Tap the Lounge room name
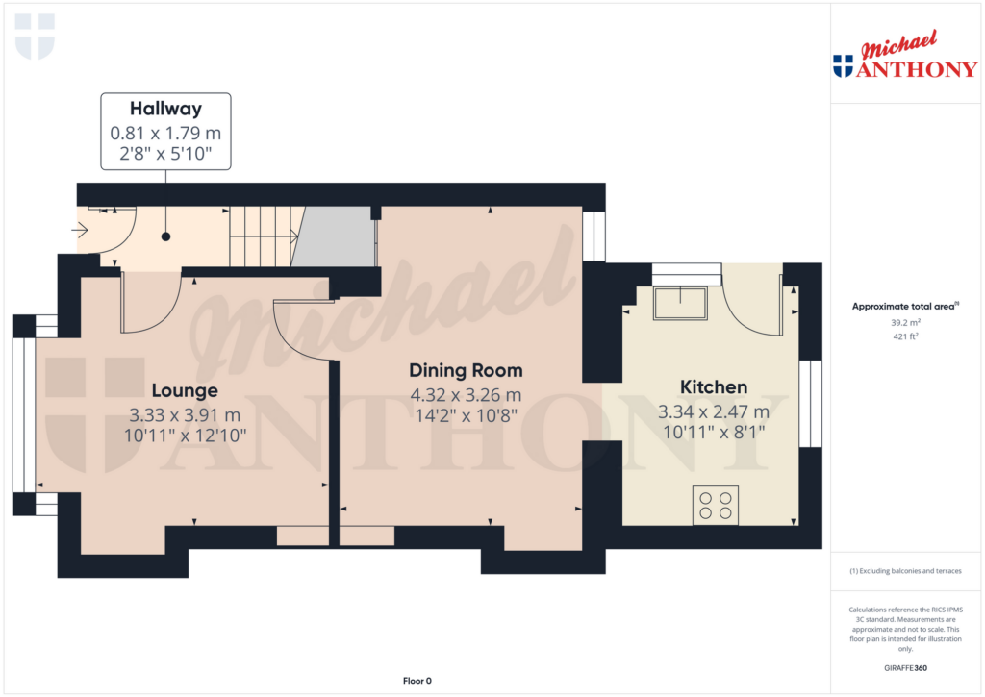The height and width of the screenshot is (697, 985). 185,390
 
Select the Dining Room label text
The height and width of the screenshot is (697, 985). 466,370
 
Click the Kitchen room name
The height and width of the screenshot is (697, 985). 714,387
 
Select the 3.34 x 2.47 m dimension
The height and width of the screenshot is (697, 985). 714,411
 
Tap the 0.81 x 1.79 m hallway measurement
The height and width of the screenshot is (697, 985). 165,134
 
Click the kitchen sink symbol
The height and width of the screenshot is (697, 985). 679,303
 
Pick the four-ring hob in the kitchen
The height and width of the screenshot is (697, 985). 715,506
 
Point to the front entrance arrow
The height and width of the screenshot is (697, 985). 80,230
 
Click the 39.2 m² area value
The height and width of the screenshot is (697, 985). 905,323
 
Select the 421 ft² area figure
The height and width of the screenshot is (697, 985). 905,336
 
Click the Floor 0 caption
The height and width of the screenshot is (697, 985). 417,681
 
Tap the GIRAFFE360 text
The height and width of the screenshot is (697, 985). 905,667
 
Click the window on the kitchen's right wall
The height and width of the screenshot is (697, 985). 810,404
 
